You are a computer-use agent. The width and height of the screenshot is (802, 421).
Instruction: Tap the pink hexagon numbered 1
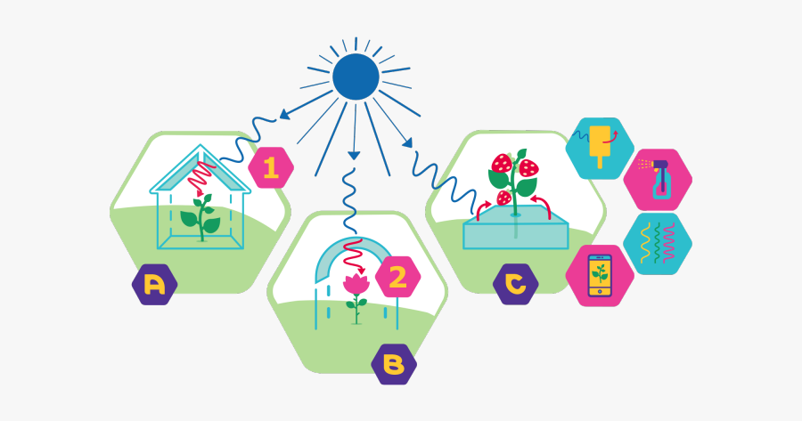point(271,167)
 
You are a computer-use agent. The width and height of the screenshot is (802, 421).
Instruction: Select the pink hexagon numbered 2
point(397,278)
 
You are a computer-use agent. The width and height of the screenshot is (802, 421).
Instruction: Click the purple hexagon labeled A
point(154,285)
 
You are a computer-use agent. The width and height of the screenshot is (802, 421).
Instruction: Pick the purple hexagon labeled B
point(394,364)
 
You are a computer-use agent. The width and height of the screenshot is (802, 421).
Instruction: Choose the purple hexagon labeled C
point(516,284)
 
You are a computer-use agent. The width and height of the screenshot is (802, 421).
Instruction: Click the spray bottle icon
point(660,179)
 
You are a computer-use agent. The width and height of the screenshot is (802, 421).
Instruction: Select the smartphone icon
point(600,275)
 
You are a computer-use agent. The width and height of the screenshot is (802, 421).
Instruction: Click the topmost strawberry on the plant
point(502,164)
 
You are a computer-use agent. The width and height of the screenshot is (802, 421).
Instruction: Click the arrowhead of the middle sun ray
point(354,155)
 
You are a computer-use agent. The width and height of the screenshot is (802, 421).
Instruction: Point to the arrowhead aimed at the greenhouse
point(283,114)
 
